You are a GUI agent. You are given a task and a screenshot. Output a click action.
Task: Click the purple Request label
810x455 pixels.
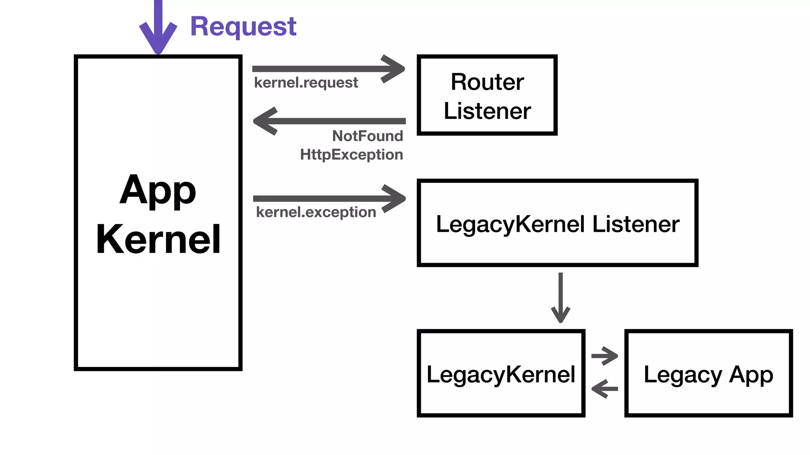243,26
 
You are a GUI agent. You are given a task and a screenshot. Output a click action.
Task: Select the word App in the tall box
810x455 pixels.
158,190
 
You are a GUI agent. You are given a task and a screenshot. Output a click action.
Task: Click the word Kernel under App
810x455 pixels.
158,239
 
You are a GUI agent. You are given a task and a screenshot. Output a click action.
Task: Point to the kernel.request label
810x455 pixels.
306,83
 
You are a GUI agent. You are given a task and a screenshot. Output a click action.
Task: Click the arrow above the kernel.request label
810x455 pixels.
328,69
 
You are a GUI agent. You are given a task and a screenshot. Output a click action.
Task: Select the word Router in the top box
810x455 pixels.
487,82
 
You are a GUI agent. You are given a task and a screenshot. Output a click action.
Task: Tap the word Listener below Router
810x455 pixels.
487,111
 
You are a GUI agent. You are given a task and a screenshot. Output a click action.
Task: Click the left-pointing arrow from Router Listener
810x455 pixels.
328,121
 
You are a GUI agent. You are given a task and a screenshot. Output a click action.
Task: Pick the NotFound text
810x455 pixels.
367,136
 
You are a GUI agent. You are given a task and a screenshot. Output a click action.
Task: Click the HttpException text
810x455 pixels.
351,154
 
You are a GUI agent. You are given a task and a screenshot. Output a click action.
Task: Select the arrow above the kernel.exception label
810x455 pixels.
328,198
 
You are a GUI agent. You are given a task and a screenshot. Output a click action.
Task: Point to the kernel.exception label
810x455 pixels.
316,212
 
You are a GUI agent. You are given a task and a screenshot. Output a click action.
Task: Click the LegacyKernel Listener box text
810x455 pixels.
557,224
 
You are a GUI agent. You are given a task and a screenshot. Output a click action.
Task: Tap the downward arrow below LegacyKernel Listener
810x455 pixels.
560,298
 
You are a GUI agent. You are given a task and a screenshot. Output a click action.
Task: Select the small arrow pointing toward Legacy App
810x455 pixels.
604,356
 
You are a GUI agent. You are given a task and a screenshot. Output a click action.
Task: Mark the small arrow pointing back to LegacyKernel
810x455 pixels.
604,389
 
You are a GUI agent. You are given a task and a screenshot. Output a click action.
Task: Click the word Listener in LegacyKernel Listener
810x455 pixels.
636,224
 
